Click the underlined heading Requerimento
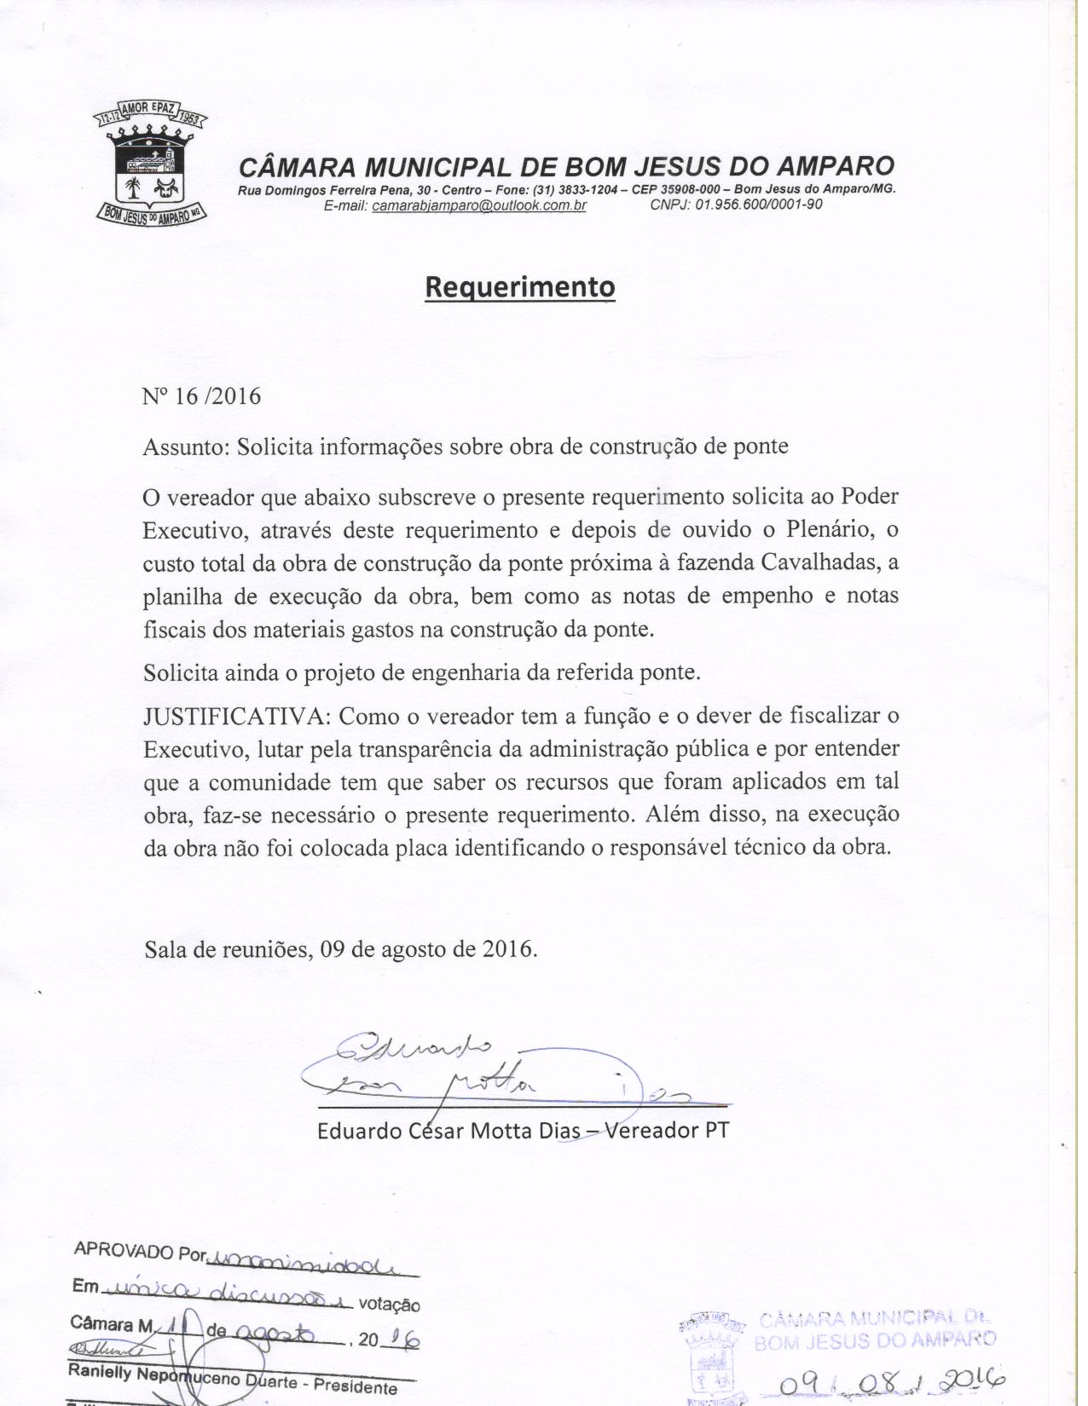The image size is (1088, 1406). tap(519, 287)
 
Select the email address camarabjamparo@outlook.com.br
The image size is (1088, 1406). tap(479, 205)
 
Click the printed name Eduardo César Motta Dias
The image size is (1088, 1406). tap(449, 1131)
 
